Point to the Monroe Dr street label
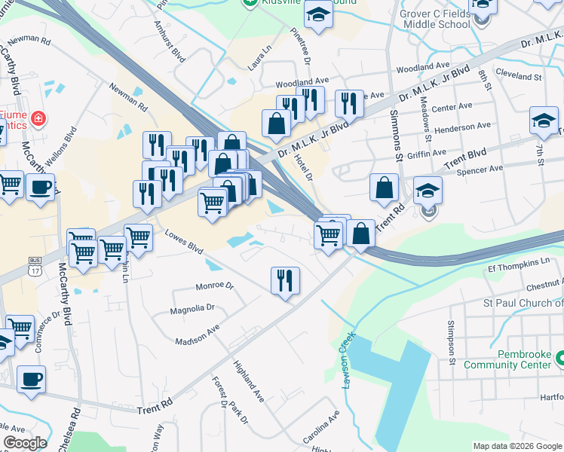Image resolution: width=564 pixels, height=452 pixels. [x=215, y=286]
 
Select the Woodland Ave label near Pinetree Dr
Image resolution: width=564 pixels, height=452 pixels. [x=302, y=81]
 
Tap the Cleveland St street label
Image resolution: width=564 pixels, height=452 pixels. [x=520, y=77]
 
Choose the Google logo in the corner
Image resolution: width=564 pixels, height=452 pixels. [x=25, y=443]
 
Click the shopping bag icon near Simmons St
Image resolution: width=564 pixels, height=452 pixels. [x=384, y=189]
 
